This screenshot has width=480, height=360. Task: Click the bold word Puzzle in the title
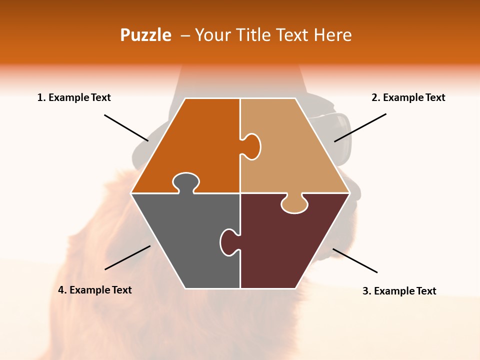pos(145,35)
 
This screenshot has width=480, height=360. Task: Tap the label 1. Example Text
pos(74,97)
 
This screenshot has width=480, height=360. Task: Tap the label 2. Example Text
pos(408,97)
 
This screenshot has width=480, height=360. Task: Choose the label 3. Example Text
pos(399,291)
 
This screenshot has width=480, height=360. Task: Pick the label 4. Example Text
pos(95,290)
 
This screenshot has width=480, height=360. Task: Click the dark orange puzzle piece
pos(195,140)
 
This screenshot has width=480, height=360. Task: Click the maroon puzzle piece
pos(290,245)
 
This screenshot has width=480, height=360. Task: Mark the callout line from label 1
pos(126,127)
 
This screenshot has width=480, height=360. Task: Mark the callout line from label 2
pos(360,127)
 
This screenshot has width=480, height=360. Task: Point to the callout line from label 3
pos(355,260)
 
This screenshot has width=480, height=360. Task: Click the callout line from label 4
pos(127,257)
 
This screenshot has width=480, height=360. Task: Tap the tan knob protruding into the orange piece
pos(252,146)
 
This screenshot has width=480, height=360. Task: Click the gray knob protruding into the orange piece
pos(185,182)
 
